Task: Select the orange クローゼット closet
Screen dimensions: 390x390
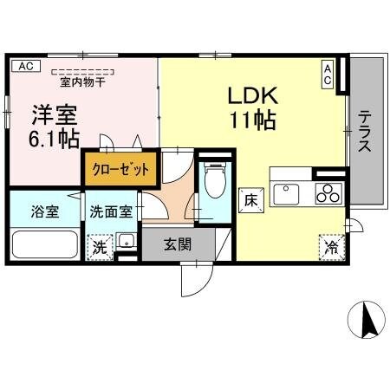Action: [x=121, y=168]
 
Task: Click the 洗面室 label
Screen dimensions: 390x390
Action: [x=113, y=211]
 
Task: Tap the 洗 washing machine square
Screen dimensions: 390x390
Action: [x=101, y=245]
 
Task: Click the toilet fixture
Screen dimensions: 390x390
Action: [x=212, y=182]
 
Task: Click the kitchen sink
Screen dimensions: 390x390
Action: [x=286, y=192]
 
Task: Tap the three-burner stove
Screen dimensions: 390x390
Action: [x=328, y=192]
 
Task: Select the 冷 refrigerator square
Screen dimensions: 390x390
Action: [x=332, y=246]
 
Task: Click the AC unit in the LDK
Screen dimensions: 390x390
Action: [x=328, y=75]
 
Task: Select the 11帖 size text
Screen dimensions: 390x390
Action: [x=253, y=120]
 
